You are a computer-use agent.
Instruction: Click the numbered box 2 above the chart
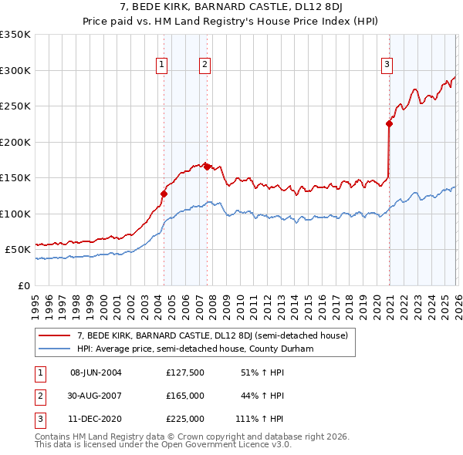[205, 65]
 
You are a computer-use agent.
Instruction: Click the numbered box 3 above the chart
[386, 65]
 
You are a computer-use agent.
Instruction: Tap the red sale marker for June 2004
[164, 194]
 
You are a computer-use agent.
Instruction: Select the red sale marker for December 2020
[389, 123]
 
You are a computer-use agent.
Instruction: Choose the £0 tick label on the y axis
[22, 285]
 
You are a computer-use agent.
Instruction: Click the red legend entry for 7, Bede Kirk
[213, 335]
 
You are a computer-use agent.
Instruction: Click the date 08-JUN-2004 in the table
[96, 372]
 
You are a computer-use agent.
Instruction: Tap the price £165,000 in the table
[184, 396]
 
